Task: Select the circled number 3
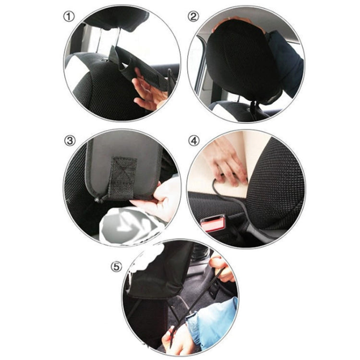(70, 141)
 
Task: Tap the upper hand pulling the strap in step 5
(221, 269)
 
